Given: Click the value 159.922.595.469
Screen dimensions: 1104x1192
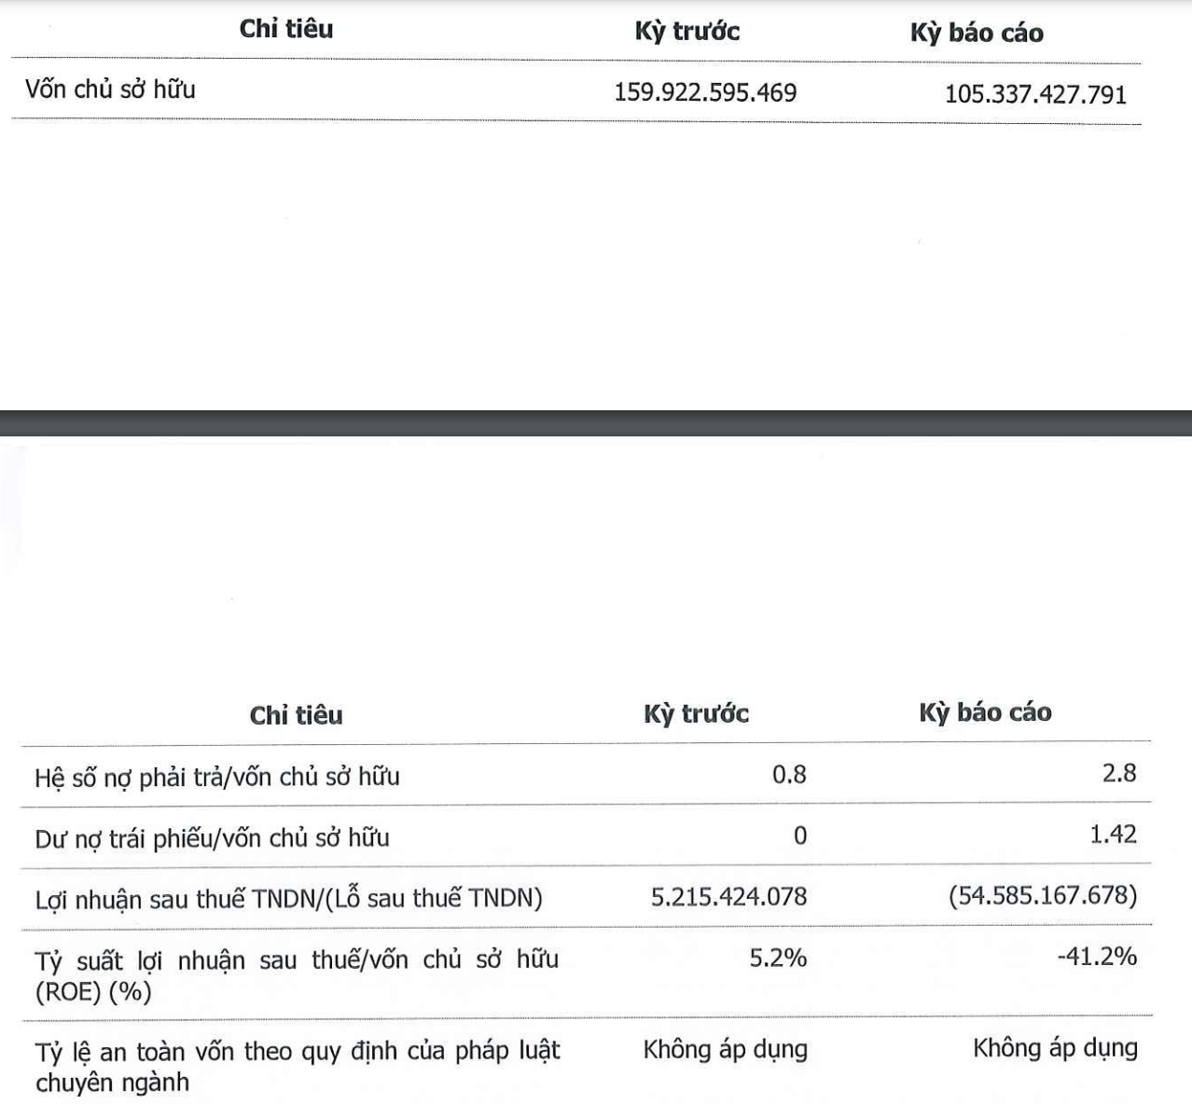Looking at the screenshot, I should pyautogui.click(x=705, y=92).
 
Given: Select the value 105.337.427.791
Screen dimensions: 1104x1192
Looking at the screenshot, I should pyautogui.click(x=1035, y=94).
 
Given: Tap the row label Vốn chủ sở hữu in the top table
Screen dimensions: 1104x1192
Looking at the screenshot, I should pyautogui.click(x=110, y=90).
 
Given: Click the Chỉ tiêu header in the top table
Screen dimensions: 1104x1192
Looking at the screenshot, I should pyautogui.click(x=285, y=29).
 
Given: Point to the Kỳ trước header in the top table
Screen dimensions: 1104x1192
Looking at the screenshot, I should pyautogui.click(x=686, y=31).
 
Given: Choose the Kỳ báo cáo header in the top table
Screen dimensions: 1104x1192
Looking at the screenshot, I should pyautogui.click(x=977, y=33).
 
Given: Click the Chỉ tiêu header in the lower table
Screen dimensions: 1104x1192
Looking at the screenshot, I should pyautogui.click(x=296, y=715).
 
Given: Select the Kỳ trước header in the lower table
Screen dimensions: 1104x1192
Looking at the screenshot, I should pyautogui.click(x=696, y=713).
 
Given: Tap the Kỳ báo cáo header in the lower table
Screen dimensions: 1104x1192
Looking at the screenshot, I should pyautogui.click(x=985, y=712).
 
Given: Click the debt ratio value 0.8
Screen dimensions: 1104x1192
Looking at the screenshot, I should pyautogui.click(x=789, y=774).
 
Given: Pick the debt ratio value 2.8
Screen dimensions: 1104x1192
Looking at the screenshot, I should pyautogui.click(x=1118, y=773).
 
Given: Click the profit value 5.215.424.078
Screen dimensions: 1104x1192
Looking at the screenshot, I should pyautogui.click(x=728, y=896).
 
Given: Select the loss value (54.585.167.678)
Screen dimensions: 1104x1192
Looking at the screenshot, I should pyautogui.click(x=1043, y=896).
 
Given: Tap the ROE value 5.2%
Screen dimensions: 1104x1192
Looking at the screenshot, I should pyautogui.click(x=778, y=958).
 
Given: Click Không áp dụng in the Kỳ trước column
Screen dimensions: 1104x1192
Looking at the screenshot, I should pyautogui.click(x=725, y=1049).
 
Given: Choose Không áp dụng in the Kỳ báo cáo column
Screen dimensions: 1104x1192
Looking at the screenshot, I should pyautogui.click(x=1055, y=1047).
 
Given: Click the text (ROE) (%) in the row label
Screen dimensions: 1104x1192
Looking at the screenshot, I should pyautogui.click(x=93, y=991).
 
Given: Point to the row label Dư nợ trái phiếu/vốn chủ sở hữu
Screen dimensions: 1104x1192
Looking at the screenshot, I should pyautogui.click(x=212, y=837).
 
